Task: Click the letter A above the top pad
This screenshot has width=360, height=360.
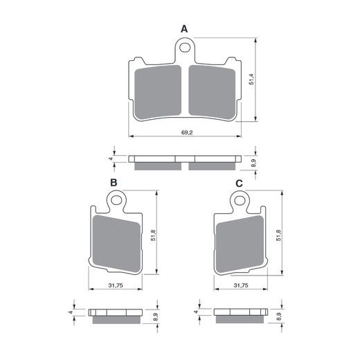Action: click(x=184, y=28)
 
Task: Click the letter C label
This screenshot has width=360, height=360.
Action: click(x=239, y=183)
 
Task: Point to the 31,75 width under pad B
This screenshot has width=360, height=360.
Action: click(x=116, y=285)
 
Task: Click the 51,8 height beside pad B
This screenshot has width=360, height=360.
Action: click(x=153, y=237)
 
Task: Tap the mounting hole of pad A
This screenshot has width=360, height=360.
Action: click(x=184, y=48)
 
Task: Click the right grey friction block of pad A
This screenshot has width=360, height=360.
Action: click(x=211, y=89)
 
